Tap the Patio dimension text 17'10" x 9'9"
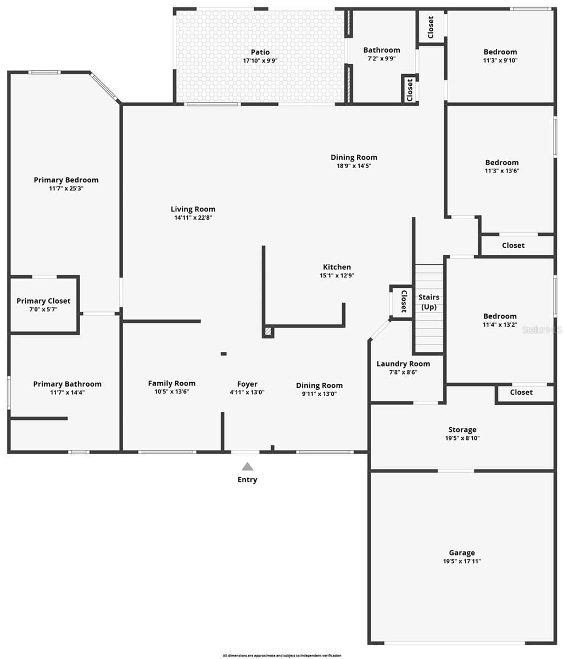click(260, 60)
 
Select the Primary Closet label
click(43, 300)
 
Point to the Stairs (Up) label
click(429, 302)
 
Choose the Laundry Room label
click(403, 364)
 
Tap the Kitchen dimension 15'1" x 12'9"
click(337, 276)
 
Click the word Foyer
click(247, 384)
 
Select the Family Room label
click(171, 383)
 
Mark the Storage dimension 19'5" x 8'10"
click(462, 438)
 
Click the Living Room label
click(193, 209)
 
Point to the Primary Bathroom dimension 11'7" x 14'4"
click(67, 393)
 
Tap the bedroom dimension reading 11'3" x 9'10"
click(500, 60)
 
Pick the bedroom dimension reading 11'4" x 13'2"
click(500, 325)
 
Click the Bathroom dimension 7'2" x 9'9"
click(382, 59)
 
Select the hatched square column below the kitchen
click(268, 332)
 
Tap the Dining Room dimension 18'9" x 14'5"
click(354, 166)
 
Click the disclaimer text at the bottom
click(282, 656)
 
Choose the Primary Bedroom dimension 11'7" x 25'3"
click(66, 188)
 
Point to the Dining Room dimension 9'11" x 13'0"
click(319, 394)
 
